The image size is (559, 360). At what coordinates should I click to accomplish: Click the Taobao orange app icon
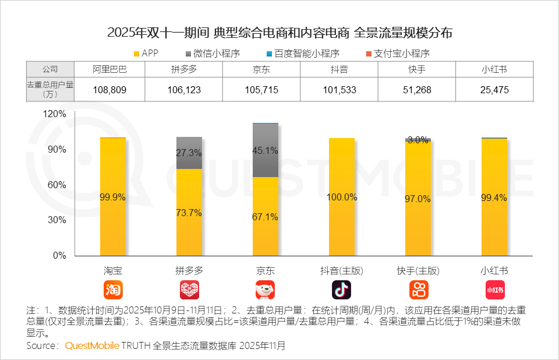[x=113, y=290]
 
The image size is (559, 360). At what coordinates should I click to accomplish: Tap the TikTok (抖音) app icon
[x=342, y=290]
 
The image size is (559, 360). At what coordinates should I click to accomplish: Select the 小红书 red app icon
[x=494, y=290]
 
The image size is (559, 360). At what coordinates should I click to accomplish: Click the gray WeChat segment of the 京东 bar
[x=266, y=150]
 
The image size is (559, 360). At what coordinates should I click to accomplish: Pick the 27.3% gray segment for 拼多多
[x=189, y=153]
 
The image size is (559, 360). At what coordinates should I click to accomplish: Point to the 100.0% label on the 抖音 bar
[x=342, y=197]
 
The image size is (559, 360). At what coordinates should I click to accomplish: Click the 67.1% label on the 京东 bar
[x=266, y=217]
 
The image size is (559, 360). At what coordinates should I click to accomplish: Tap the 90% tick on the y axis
[x=58, y=149]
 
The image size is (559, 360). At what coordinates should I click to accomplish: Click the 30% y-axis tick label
[x=58, y=220]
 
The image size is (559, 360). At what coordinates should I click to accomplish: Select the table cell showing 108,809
[x=109, y=90]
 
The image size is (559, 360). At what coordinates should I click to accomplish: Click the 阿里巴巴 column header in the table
[x=109, y=69]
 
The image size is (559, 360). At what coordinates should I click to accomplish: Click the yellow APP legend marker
[x=137, y=54]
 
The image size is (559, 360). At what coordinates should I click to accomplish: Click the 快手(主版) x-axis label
[x=418, y=271]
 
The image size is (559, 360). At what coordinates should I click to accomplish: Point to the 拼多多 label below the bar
[x=189, y=271]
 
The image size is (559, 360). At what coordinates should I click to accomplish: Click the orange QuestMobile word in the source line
[x=92, y=345]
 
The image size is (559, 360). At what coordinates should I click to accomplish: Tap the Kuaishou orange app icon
[x=418, y=290]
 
